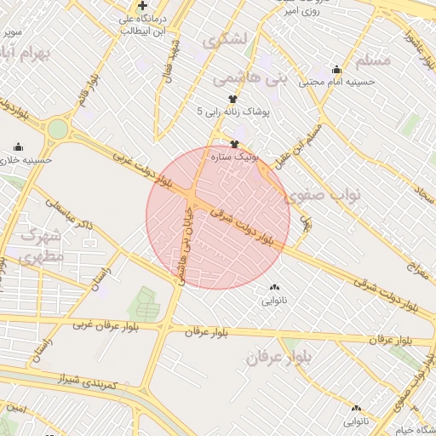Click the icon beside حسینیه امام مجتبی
click(x=336, y=70)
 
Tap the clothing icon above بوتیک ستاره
click(x=235, y=144)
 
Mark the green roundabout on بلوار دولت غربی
click(x=57, y=129)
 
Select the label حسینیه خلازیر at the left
click(x=26, y=159)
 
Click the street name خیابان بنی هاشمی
click(x=182, y=247)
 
